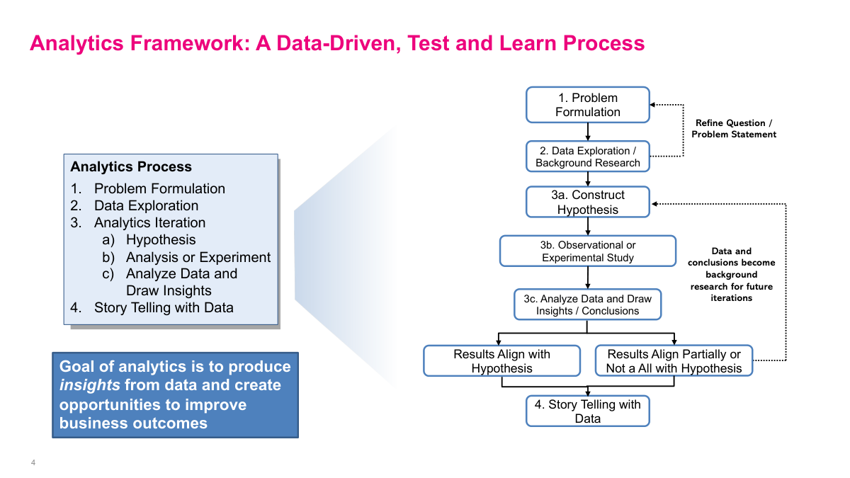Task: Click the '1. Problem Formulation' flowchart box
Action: click(587, 105)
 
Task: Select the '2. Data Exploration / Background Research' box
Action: click(587, 157)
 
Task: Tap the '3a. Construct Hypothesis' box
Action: click(587, 202)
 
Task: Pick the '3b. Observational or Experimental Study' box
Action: click(587, 251)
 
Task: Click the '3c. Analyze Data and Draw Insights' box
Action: click(587, 305)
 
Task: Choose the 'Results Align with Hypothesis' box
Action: click(501, 361)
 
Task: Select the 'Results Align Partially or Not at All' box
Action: click(674, 361)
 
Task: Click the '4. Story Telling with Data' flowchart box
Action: click(587, 411)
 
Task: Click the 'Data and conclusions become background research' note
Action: click(731, 274)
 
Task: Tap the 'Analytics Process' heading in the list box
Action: click(131, 167)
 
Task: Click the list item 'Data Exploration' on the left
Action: click(146, 205)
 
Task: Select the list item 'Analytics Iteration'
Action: click(149, 222)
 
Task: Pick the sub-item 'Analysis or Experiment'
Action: click(198, 257)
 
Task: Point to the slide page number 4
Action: click(33, 463)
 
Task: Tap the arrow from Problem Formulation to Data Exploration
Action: click(588, 132)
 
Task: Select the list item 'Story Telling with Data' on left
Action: click(164, 307)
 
